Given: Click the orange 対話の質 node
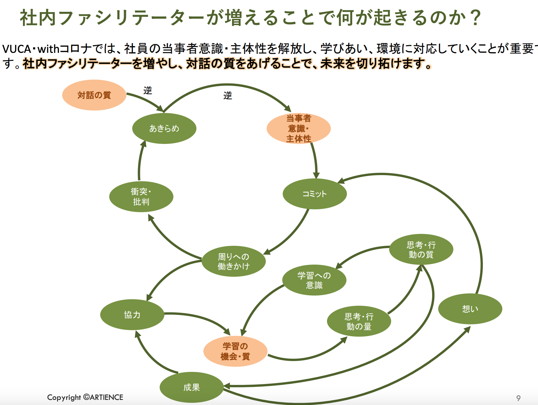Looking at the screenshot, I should pyautogui.click(x=94, y=95).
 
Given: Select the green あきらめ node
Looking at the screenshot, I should pyautogui.click(x=164, y=128).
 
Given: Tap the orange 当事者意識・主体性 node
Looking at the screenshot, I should pyautogui.click(x=299, y=129).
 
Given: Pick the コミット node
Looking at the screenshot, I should pyautogui.click(x=315, y=194).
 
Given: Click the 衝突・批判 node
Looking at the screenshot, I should pyautogui.click(x=141, y=197).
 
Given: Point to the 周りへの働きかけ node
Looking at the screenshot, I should pyautogui.click(x=234, y=261).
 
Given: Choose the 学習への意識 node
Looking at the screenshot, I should pyautogui.click(x=314, y=280).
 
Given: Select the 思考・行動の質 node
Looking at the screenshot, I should pyautogui.click(x=421, y=250).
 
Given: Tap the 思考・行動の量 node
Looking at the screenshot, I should pyautogui.click(x=359, y=322).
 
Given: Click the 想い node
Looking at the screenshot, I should pyautogui.click(x=470, y=309).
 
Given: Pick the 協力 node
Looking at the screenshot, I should pyautogui.click(x=132, y=315).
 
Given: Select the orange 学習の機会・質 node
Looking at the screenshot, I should pyautogui.click(x=235, y=351).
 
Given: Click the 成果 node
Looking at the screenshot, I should pyautogui.click(x=192, y=387).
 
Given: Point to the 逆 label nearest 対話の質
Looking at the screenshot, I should pyautogui.click(x=148, y=90).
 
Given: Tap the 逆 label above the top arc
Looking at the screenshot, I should pyautogui.click(x=228, y=96).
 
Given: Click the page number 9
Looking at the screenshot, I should pyautogui.click(x=518, y=398).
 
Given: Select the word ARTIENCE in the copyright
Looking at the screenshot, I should pyautogui.click(x=106, y=397).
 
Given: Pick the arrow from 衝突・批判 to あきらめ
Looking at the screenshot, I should pyautogui.click(x=140, y=161).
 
